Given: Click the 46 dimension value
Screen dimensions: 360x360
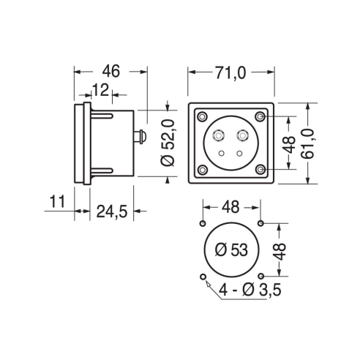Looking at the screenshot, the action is pyautogui.click(x=111, y=72).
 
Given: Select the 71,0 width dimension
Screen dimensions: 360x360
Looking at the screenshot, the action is pyautogui.click(x=230, y=73).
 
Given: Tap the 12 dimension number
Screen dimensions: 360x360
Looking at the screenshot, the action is pyautogui.click(x=100, y=90).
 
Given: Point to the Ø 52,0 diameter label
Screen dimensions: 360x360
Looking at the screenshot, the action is pyautogui.click(x=168, y=143).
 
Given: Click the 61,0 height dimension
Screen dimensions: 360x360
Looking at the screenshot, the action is pyautogui.click(x=307, y=144).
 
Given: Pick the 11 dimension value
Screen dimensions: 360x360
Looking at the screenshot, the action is pyautogui.click(x=57, y=201).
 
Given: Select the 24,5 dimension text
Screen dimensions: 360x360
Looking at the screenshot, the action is pyautogui.click(x=112, y=211).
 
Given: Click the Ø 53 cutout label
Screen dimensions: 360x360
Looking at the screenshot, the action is pyautogui.click(x=231, y=250).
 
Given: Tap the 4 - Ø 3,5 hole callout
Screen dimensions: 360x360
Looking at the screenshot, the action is pyautogui.click(x=250, y=290).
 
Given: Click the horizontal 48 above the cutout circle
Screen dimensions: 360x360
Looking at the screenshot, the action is pyautogui.click(x=230, y=207).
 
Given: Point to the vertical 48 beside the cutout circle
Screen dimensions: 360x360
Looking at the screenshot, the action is pyautogui.click(x=280, y=252).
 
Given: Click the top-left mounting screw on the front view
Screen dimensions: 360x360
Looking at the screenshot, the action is pyautogui.click(x=202, y=116).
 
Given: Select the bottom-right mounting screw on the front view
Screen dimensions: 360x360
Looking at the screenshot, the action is pyautogui.click(x=260, y=169).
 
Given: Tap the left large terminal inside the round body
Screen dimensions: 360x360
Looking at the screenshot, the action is pyautogui.click(x=218, y=135).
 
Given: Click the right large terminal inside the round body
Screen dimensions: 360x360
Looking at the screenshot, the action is pyautogui.click(x=242, y=135).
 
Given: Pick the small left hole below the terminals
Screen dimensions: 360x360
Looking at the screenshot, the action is pyautogui.click(x=222, y=153).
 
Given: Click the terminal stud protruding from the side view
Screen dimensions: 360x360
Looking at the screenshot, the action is pyautogui.click(x=140, y=137).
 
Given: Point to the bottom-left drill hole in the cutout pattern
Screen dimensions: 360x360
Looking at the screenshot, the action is pyautogui.click(x=203, y=277).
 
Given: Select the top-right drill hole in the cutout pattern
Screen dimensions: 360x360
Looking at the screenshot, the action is pyautogui.click(x=260, y=223).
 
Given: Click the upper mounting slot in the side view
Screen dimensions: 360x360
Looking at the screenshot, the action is pyautogui.click(x=102, y=115).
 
